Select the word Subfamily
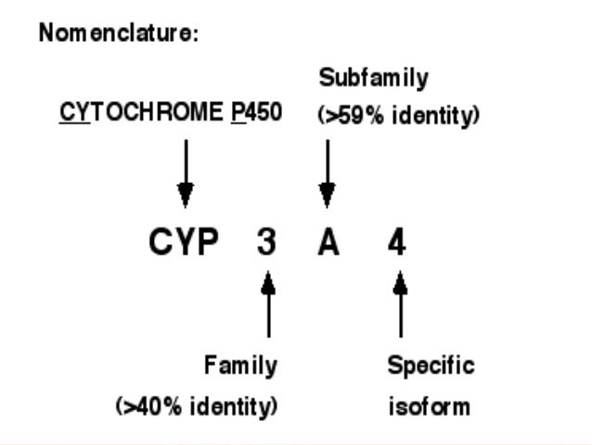coord(374,78)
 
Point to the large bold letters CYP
coord(184,243)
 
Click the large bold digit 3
coord(268,243)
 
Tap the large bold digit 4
coord(398,243)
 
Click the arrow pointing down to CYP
coord(186,173)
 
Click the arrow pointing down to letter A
coord(327,173)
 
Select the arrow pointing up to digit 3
coord(268,303)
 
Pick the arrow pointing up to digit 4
coord(400,303)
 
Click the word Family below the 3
coord(240,365)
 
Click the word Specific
coord(431,365)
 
